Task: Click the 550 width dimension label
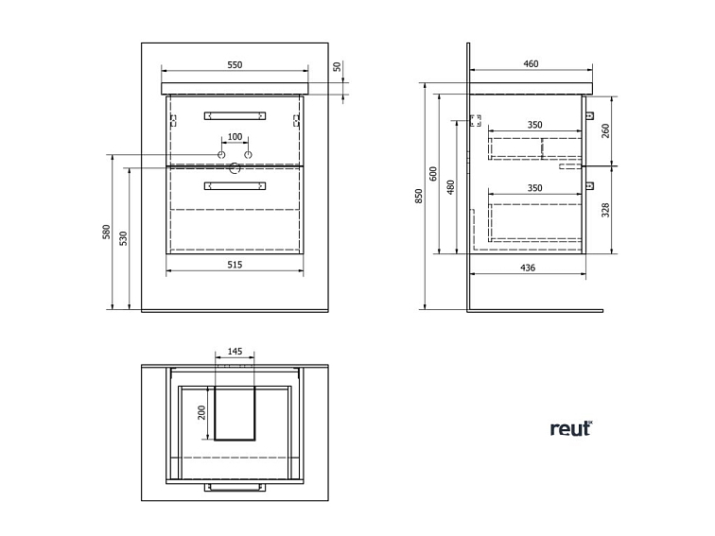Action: tap(235, 64)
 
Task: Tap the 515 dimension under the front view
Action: tap(235, 265)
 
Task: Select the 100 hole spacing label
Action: tap(235, 137)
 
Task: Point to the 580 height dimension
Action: tap(106, 232)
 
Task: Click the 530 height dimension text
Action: tap(123, 238)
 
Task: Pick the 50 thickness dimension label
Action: tap(337, 66)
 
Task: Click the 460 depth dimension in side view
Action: tap(531, 64)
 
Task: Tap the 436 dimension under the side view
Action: tap(528, 268)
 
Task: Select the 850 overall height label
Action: tap(419, 196)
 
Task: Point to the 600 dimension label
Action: tap(433, 174)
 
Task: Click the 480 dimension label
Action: tap(450, 187)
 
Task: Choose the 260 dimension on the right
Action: tap(605, 131)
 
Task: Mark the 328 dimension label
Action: tap(605, 210)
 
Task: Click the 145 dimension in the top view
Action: tap(235, 352)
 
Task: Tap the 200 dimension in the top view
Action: tap(201, 412)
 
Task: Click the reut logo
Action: tap(571, 428)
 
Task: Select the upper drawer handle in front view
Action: tap(235, 115)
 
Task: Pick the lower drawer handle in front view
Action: tap(235, 185)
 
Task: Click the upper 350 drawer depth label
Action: tap(535, 125)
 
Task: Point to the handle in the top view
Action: tap(235, 487)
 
